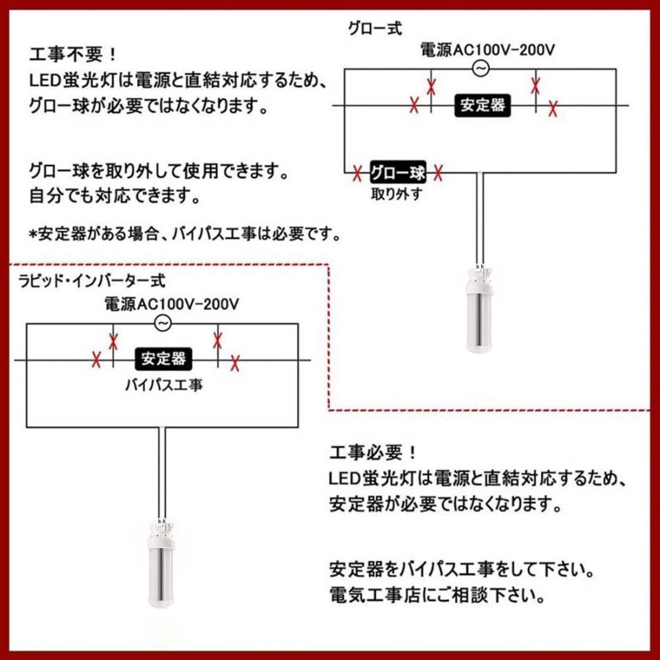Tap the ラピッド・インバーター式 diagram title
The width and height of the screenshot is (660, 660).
pyautogui.click(x=92, y=279)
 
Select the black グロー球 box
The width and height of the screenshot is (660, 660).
pyautogui.click(x=397, y=174)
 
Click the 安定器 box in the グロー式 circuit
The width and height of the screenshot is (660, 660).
pyautogui.click(x=483, y=105)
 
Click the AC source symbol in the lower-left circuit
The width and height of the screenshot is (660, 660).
pyautogui.click(x=164, y=323)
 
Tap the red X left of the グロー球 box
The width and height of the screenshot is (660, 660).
pyautogui.click(x=357, y=174)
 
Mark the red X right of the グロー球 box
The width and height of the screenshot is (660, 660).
pyautogui.click(x=438, y=174)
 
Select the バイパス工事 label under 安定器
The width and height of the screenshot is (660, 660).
pyautogui.click(x=163, y=384)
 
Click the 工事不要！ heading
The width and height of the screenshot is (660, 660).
pyautogui.click(x=72, y=56)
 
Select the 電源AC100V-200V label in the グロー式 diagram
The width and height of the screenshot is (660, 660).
pyautogui.click(x=487, y=50)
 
